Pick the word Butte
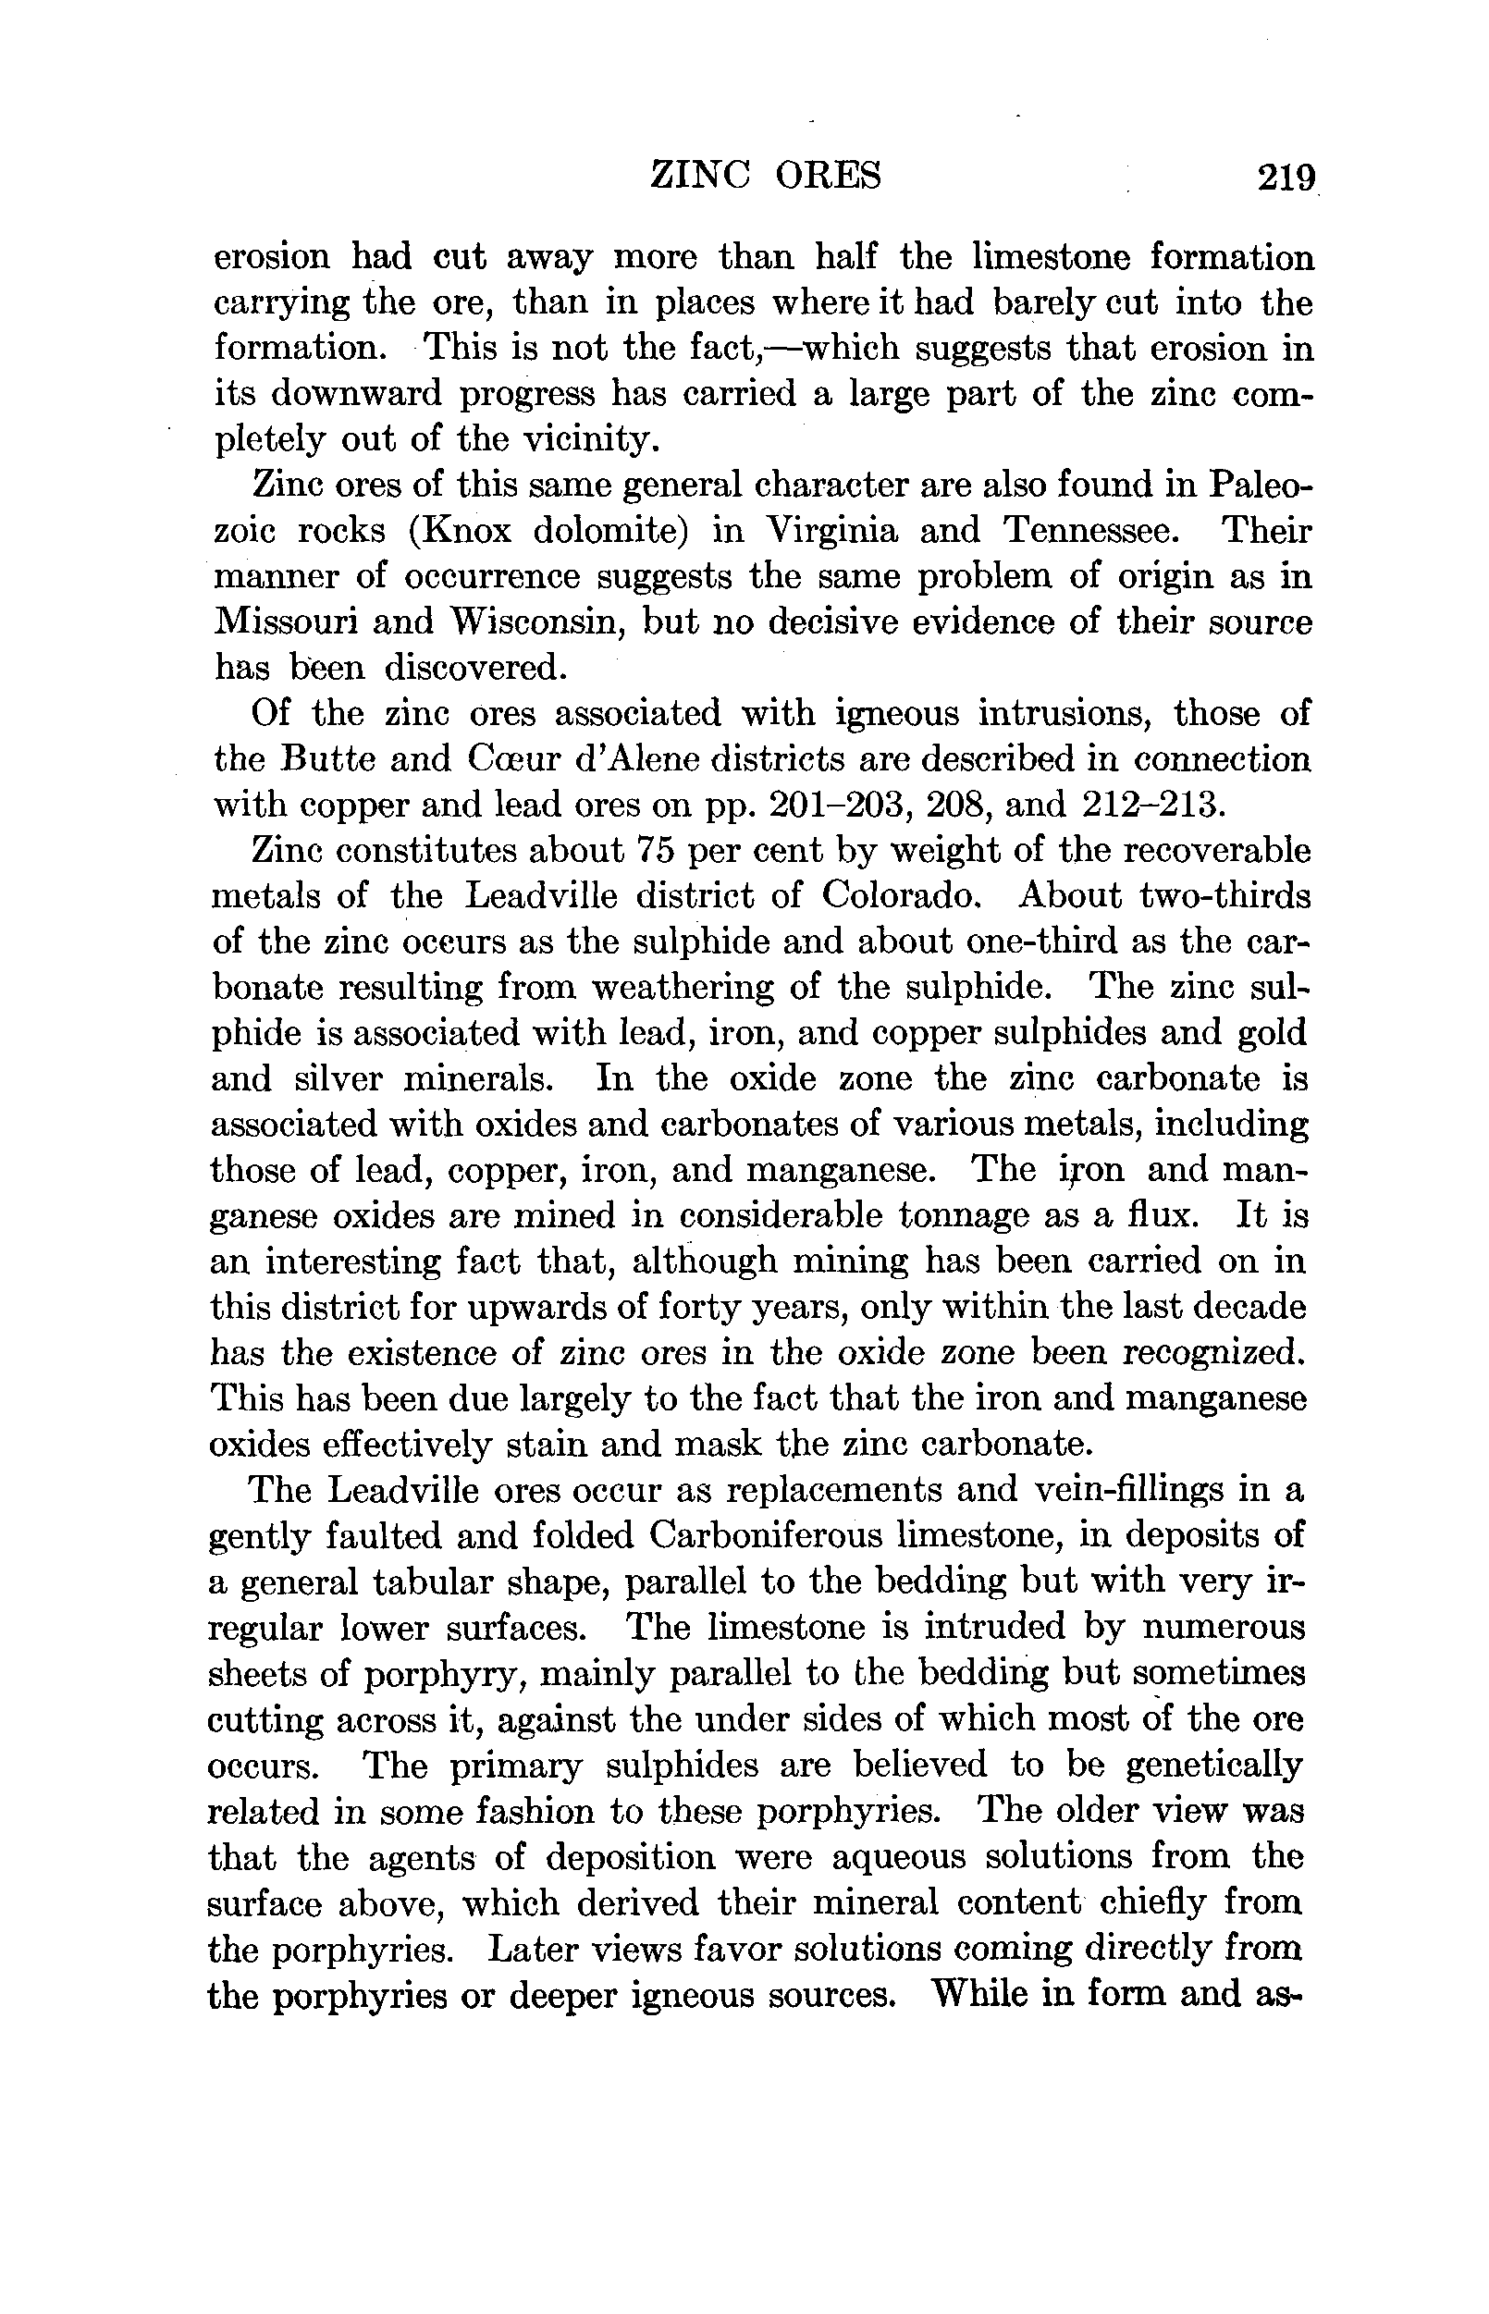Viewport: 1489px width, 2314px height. [329, 759]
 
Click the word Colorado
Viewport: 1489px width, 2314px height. [900, 895]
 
